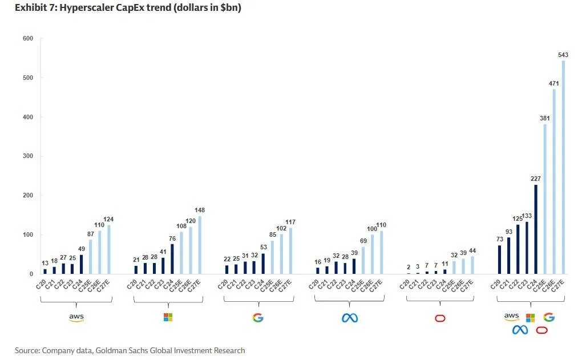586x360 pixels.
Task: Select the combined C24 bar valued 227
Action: [x=535, y=229]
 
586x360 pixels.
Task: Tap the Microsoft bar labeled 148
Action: [x=200, y=245]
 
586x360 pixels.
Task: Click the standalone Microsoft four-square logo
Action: [x=168, y=317]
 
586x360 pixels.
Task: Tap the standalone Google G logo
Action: [x=258, y=317]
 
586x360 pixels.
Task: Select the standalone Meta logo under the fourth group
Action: [x=349, y=318]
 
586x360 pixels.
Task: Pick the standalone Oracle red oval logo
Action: [x=440, y=318]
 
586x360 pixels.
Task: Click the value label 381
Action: [x=544, y=119]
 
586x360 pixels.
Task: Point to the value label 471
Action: [x=554, y=83]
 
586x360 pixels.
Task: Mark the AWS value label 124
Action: [x=108, y=220]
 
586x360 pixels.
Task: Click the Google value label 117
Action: [x=290, y=223]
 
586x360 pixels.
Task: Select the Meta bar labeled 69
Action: [x=363, y=261]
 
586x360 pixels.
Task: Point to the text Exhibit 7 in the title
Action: [x=33, y=8]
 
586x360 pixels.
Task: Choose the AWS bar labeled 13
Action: [x=45, y=272]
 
